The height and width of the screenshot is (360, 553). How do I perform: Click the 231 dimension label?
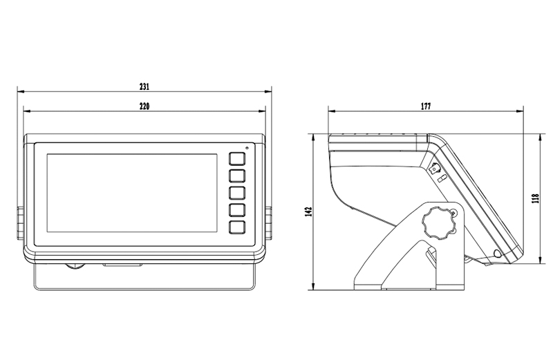pos(144,86)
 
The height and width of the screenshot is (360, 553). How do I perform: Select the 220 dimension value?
pos(144,106)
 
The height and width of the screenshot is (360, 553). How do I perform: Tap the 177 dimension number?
pos(426,106)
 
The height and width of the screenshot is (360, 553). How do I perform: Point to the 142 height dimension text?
pos(310,211)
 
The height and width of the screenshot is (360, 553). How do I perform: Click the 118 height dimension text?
pos(536,198)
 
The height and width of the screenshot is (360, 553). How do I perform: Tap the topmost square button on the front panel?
pos(237,159)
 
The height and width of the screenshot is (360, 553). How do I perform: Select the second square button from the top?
pos(237,176)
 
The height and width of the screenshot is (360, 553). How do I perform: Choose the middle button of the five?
pos(237,193)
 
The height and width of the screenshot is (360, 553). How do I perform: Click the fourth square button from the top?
pos(237,210)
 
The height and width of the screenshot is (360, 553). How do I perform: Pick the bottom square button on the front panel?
pos(237,227)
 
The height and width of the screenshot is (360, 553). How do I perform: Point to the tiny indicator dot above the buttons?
pos(247,148)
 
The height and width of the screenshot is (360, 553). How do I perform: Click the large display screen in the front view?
pos(132,193)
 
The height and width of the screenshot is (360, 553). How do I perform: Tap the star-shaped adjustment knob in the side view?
pos(438,222)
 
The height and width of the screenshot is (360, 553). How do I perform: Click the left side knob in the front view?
pos(20,223)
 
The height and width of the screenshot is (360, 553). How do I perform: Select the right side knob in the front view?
pos(269,223)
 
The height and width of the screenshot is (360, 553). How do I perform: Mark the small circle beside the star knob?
pos(453,213)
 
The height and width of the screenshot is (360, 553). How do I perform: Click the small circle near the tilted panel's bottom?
pos(497,253)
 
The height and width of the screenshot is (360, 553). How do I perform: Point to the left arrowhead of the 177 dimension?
pos(332,111)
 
